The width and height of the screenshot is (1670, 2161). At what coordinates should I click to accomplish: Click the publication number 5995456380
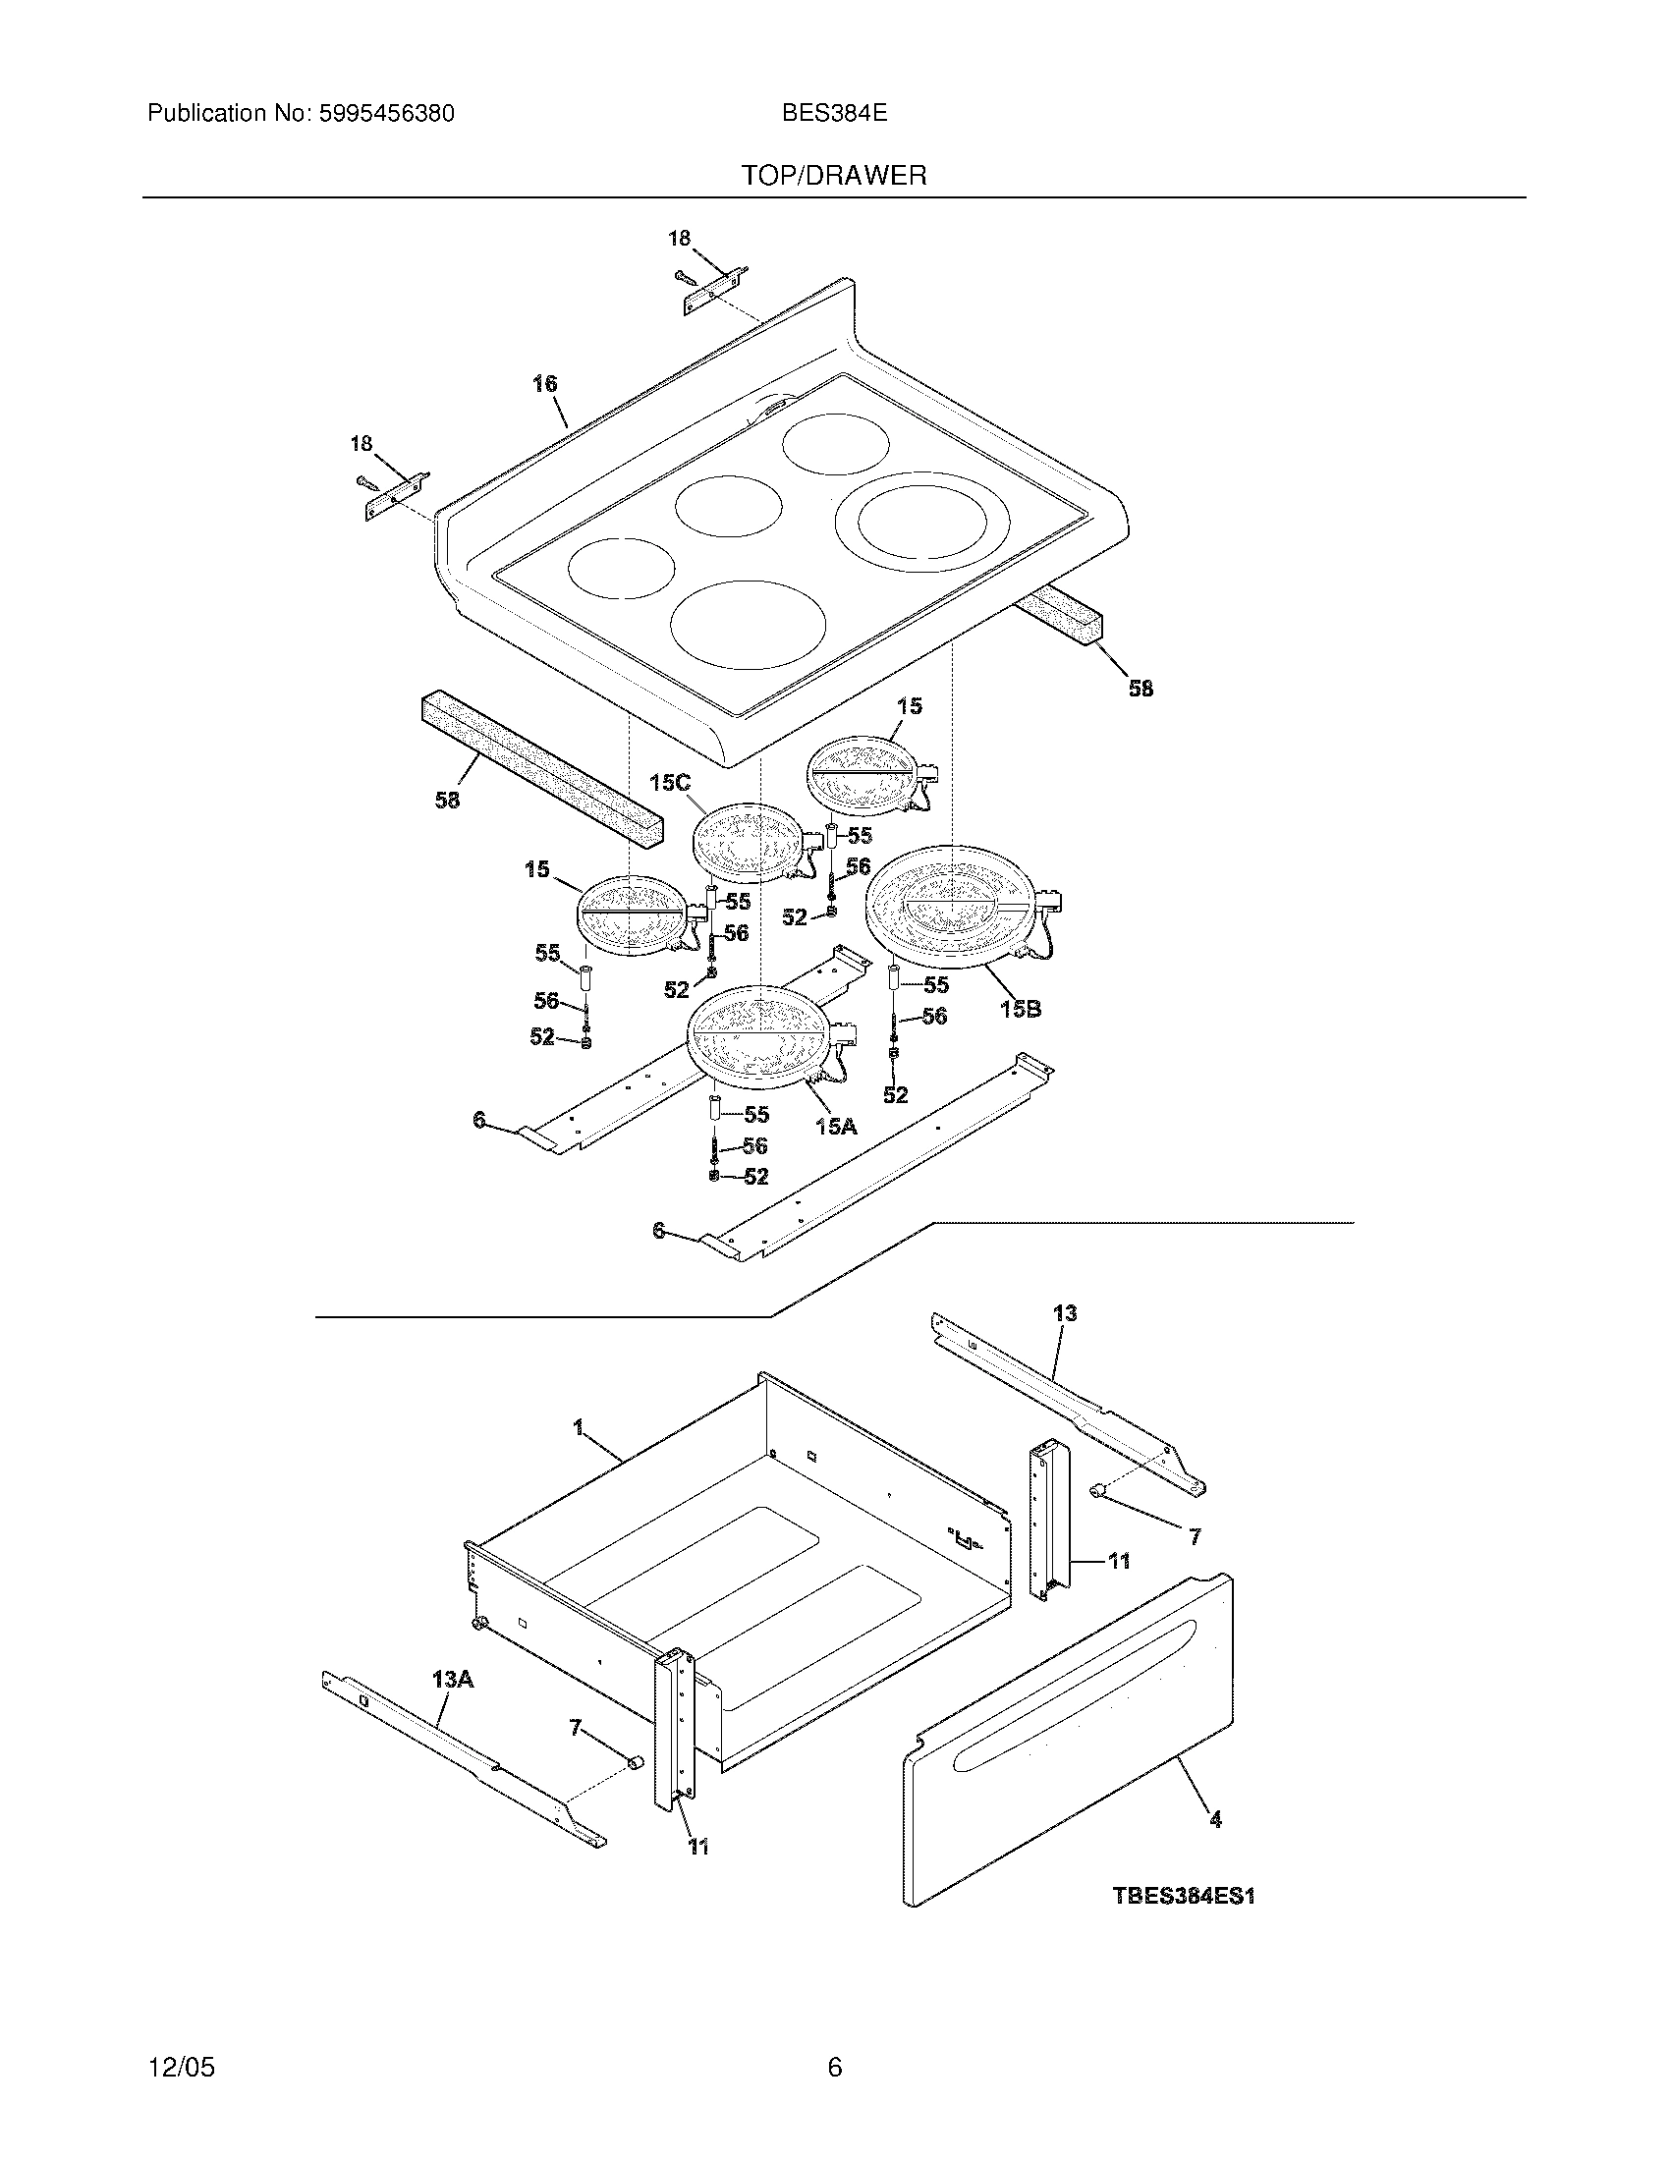click(386, 114)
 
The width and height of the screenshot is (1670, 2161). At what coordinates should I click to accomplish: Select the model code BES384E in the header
click(834, 114)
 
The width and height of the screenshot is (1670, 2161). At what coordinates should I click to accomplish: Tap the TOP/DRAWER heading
click(834, 176)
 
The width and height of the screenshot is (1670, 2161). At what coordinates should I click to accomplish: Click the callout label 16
click(544, 384)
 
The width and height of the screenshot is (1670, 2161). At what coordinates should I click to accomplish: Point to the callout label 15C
click(669, 783)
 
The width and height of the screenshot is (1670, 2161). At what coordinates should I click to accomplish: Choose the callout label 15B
click(1020, 1009)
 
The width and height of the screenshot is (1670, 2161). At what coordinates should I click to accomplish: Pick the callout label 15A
click(836, 1126)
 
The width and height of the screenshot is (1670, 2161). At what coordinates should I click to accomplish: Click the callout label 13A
click(452, 1678)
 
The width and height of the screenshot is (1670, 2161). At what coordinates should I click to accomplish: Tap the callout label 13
click(1065, 1313)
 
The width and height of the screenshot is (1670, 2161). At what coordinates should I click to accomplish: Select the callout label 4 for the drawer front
click(1215, 1818)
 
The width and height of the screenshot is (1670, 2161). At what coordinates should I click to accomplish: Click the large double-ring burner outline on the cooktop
click(913, 523)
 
